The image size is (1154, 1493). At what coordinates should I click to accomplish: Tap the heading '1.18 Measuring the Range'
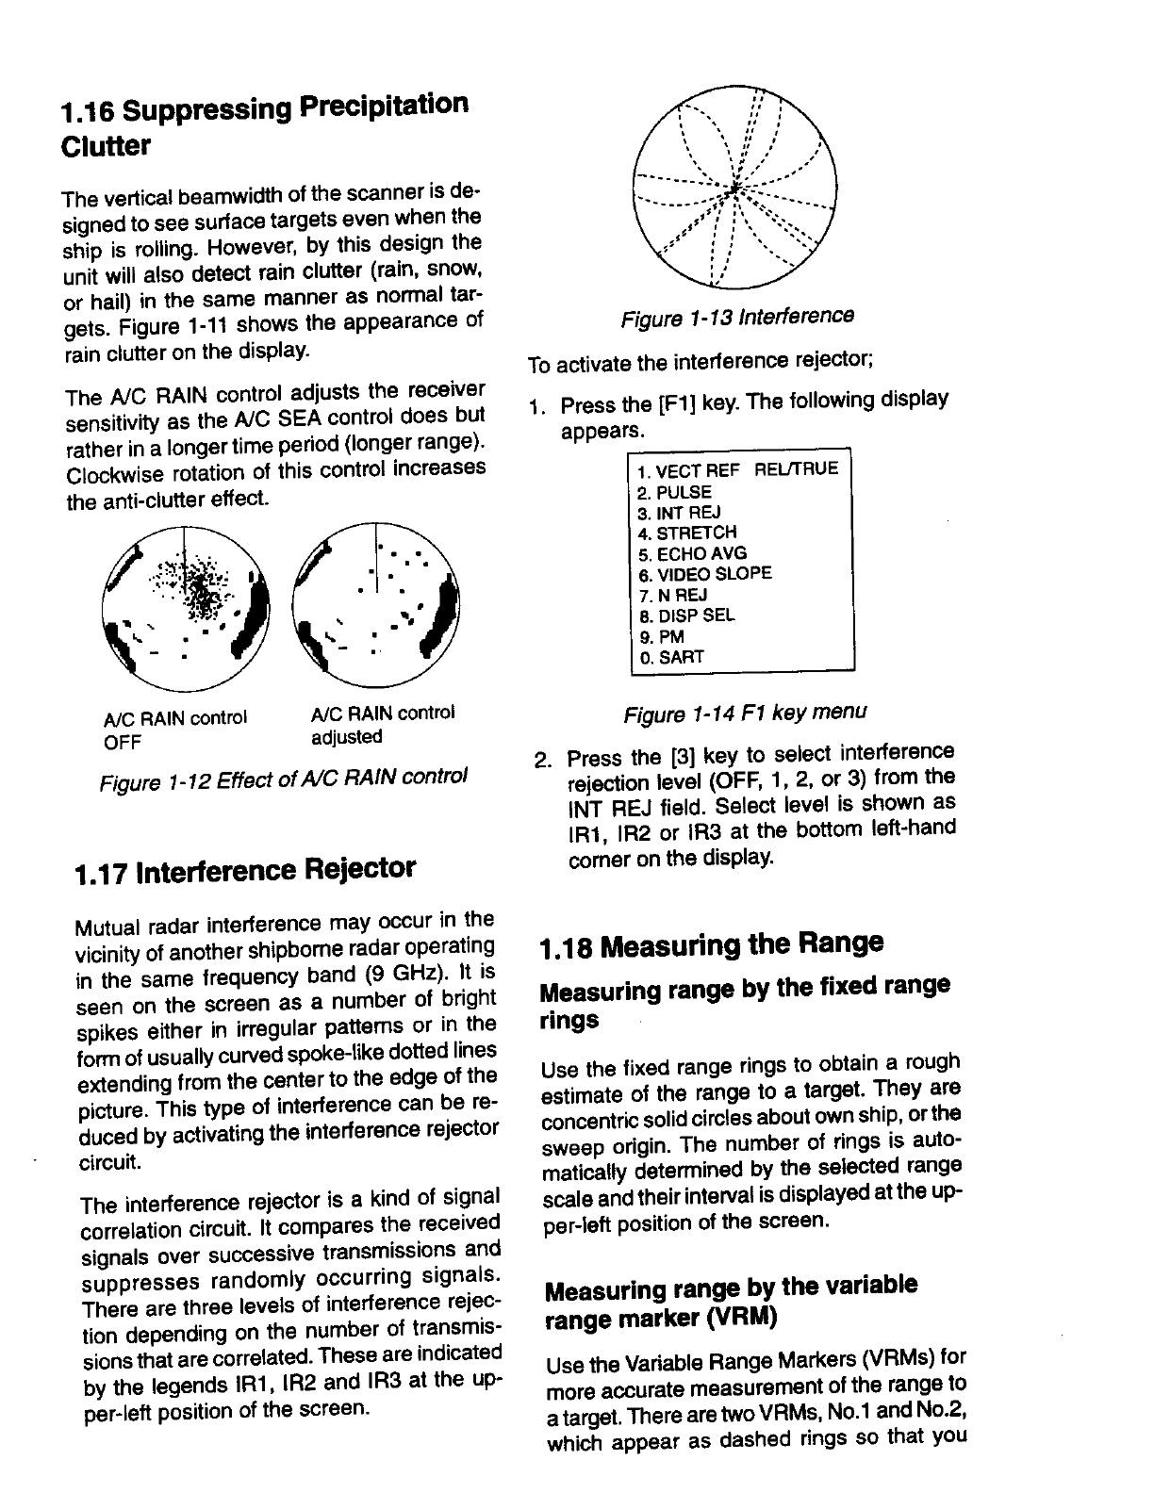point(712,943)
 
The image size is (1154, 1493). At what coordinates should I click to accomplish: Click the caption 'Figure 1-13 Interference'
point(737,318)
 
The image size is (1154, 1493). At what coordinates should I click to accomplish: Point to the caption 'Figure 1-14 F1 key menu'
point(745,712)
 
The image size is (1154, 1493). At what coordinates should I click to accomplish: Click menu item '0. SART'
point(670,657)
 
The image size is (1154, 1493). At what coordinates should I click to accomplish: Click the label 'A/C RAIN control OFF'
point(174,729)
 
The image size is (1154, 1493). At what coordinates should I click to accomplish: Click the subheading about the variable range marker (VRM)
point(732,1301)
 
